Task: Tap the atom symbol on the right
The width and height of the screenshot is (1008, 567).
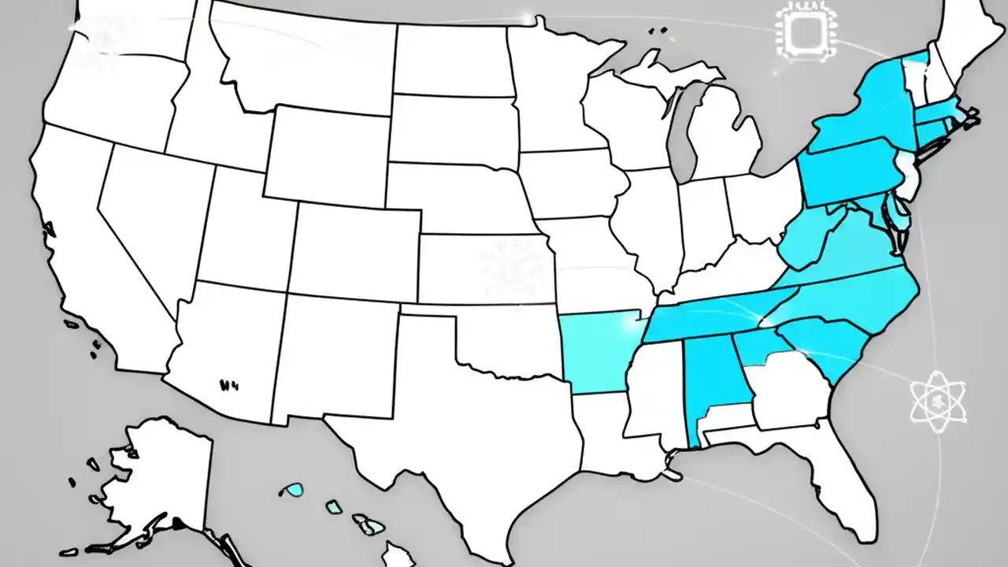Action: point(937,402)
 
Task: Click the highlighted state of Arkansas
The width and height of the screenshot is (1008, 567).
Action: point(595,350)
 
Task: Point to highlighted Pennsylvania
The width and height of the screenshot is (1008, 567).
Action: point(850,169)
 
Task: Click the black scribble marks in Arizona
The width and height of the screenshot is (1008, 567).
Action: point(228,386)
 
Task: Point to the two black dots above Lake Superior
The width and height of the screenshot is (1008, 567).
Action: point(658,31)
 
